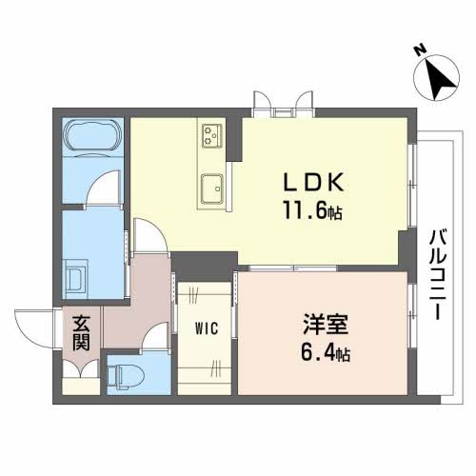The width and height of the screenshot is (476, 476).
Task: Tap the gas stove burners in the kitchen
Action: [x=210, y=136]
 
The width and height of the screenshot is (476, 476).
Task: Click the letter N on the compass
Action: [x=420, y=50]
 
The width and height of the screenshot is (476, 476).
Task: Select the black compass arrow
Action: [x=439, y=80]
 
